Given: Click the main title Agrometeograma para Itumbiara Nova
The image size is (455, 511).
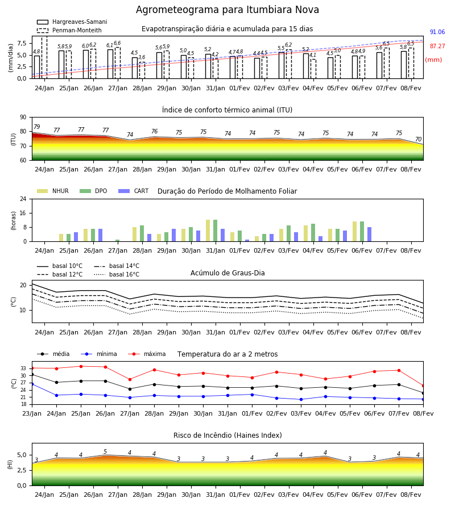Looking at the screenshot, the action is coord(227,10).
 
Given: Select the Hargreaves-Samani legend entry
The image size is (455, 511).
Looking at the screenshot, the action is coord(72,22).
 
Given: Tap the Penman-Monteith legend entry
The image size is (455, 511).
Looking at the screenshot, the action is coord(69,30).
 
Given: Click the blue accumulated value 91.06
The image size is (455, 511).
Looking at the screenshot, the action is coord(437,32).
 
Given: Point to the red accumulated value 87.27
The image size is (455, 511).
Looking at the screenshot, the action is coord(437,47).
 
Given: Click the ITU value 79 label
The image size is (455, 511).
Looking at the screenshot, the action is coord(37,127).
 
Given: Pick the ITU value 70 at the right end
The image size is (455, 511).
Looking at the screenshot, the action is coord(418,139).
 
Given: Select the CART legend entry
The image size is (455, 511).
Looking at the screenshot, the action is coord(134,191).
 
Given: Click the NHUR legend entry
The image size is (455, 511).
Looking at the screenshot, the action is coord(53,191).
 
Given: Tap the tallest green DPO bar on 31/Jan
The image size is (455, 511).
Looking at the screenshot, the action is coord(216,231).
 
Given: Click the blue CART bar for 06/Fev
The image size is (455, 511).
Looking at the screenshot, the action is coord(370,234).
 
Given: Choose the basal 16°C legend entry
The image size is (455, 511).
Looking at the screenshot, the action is coord(117,274).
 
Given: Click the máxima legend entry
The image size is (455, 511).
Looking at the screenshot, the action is coord(147,354).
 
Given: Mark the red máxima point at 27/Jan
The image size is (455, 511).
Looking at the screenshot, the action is coord(130,379).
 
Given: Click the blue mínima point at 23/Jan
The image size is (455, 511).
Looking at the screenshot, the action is coord(32,384).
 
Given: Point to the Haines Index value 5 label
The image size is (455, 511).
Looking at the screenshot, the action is coord(105,452).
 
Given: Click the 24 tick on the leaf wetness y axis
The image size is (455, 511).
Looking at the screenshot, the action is coord(23,199).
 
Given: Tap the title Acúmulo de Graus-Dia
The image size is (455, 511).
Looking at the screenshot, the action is coord(227,273).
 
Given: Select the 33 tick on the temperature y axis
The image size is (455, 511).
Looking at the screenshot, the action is coord(23,368).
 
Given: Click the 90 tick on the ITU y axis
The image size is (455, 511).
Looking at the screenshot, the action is coord(23,118).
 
